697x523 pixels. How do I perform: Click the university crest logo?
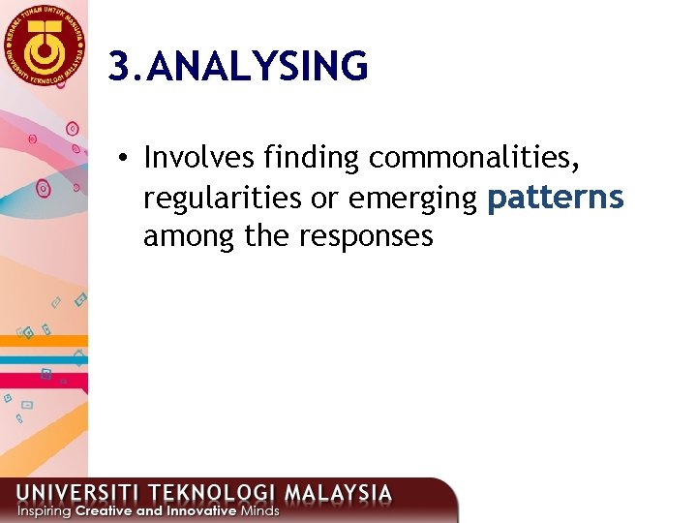pyautogui.click(x=44, y=43)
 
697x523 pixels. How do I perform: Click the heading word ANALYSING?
pyautogui.click(x=260, y=67)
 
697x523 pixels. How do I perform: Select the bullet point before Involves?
pyautogui.click(x=126, y=159)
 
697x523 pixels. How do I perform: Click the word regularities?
pyautogui.click(x=223, y=198)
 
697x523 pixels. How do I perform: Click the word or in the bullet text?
pyautogui.click(x=321, y=199)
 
